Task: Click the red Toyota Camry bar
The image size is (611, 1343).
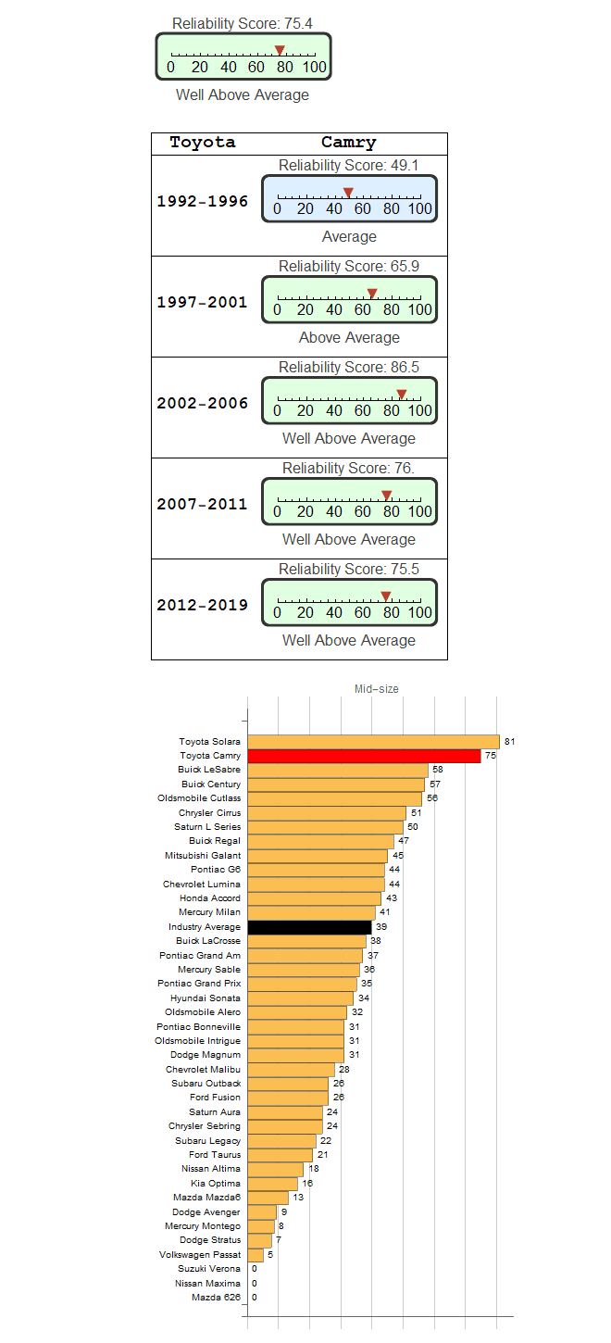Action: pos(364,756)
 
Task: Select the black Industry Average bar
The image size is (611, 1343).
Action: pos(309,927)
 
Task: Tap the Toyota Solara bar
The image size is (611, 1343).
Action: pos(373,742)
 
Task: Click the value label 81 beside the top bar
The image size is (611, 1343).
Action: pos(510,742)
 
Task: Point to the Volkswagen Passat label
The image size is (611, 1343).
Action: pos(200,1255)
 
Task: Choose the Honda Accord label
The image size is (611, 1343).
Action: pos(210,898)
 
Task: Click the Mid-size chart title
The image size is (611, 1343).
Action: pos(377,689)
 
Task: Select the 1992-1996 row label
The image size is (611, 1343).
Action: pos(202,201)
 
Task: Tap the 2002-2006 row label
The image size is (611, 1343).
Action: pos(202,403)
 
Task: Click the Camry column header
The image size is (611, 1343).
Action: pos(348,143)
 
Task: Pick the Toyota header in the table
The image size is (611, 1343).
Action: pos(203,143)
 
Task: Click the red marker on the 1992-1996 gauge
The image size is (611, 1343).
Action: pos(348,193)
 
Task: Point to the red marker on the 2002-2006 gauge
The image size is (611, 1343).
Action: pos(402,395)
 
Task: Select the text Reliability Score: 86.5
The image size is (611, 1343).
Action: pos(349,368)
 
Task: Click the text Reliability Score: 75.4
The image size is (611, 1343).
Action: pos(243,23)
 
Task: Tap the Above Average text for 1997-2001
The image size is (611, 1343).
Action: pos(349,338)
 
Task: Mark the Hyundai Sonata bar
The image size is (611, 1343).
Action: pos(301,998)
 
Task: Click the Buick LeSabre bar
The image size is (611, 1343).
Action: pos(338,771)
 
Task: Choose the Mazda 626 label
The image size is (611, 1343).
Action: pos(216,1298)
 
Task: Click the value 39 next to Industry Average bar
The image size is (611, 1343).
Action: pos(381,927)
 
